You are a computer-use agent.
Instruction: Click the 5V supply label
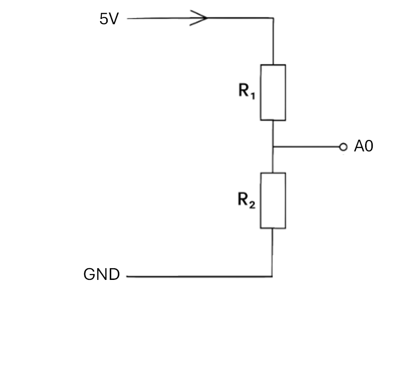tap(109, 19)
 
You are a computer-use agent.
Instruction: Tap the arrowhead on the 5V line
tap(198, 18)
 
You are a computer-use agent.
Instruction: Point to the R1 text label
tap(247, 91)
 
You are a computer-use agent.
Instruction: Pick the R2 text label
tap(246, 200)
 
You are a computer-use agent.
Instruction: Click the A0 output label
tap(363, 146)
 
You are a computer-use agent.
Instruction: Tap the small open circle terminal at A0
tap(343, 147)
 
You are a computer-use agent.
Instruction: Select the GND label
tap(102, 274)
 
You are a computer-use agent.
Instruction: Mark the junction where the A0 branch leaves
tap(273, 146)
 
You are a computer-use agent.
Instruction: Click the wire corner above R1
tap(273, 18)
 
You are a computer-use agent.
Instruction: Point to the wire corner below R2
tap(272, 277)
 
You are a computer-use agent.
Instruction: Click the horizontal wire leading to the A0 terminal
tap(306, 146)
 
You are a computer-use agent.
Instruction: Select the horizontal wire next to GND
tap(199, 277)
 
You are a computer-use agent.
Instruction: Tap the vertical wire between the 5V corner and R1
tap(273, 41)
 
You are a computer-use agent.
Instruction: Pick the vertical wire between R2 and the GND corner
tap(272, 252)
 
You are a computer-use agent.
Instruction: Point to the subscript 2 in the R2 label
tap(253, 204)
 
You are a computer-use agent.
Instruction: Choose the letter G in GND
tap(89, 274)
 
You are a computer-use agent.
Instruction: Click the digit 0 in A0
tap(369, 146)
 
